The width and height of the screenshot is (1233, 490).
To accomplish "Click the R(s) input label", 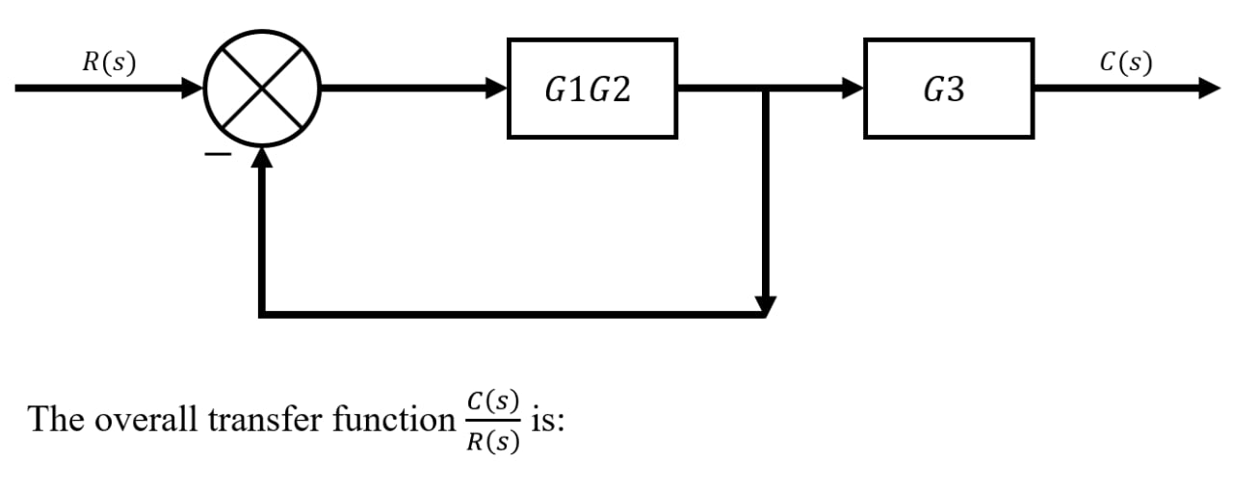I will click(109, 63).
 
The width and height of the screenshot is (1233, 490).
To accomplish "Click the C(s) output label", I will click(1125, 63).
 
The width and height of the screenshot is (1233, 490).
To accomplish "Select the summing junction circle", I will click(261, 89).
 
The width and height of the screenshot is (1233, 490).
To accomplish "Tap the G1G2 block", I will click(591, 89).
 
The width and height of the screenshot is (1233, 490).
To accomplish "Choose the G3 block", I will click(948, 89).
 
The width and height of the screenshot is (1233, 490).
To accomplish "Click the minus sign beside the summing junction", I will click(221, 154).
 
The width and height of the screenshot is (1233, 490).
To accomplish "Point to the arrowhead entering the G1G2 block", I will click(497, 89).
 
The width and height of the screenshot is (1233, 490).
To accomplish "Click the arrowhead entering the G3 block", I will click(853, 89).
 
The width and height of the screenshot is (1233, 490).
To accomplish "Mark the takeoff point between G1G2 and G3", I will click(765, 89).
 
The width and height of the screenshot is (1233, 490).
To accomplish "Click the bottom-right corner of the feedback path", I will click(765, 313).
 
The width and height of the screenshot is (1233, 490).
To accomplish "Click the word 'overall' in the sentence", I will click(145, 421).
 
